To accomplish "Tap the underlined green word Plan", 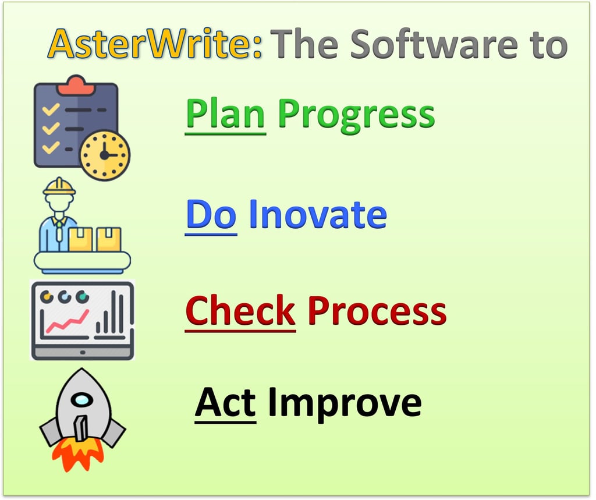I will pos(226,114).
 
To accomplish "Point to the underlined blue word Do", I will pos(211,214).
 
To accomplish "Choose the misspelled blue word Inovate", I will pos(318,214).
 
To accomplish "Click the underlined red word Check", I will pos(240,311).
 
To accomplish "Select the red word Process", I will pos(377,311).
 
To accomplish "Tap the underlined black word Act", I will pos(225,402).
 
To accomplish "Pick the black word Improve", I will pos(345,402).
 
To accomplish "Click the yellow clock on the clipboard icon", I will pos(104,155).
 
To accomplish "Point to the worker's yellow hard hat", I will pos(59,187).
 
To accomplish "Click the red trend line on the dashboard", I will pos(68,322).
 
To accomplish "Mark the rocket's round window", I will pos(83,400).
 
